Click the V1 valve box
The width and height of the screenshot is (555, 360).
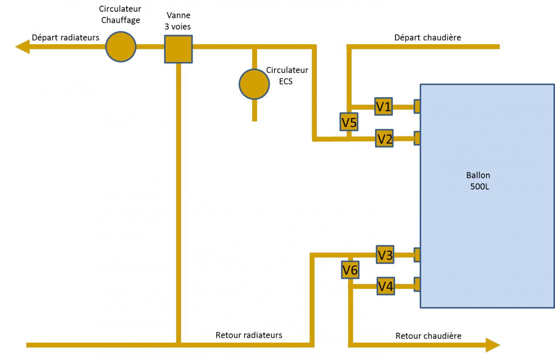[383, 106]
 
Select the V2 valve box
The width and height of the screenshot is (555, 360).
[384, 139]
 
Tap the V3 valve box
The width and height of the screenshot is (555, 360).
[385, 255]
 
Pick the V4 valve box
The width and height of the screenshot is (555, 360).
[385, 286]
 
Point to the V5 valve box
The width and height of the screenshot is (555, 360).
[349, 122]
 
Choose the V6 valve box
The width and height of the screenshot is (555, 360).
[350, 270]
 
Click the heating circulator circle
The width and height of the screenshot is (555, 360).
[121, 46]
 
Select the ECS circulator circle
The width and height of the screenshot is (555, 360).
[254, 84]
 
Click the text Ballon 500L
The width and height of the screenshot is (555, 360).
[479, 181]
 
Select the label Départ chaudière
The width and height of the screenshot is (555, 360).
[428, 38]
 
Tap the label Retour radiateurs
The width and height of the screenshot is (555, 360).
[249, 335]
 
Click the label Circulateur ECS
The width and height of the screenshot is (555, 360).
[287, 75]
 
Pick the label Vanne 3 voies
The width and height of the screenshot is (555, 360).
[178, 21]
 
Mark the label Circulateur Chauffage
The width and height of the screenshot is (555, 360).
[120, 14]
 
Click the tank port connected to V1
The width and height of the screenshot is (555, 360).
[417, 106]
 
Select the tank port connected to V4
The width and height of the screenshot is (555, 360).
[417, 284]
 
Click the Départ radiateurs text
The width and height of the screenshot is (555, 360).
[65, 38]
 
